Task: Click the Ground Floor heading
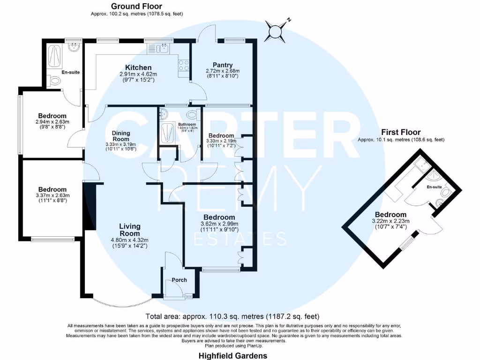tap(136, 6)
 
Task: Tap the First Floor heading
tap(400, 132)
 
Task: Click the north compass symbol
tap(275, 30)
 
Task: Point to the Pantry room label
tap(223, 65)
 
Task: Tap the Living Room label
tap(129, 230)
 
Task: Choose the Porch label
tap(179, 280)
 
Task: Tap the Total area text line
tap(232, 316)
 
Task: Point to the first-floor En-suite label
tap(434, 187)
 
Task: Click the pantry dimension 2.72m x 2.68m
tap(223, 71)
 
